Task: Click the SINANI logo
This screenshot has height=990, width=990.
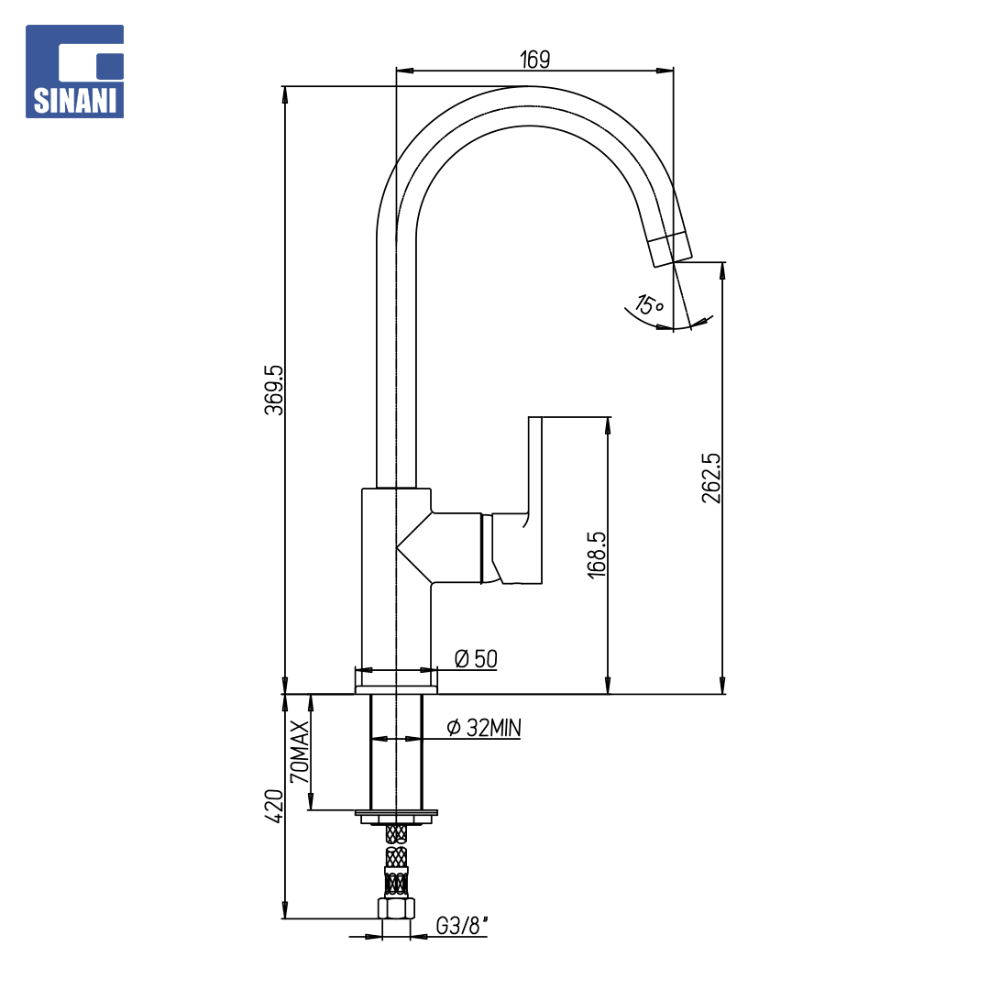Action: (x=74, y=71)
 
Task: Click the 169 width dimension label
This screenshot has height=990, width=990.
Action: (x=534, y=60)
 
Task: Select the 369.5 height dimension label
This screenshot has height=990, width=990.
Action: (x=275, y=390)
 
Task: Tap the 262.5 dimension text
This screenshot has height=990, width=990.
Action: (x=711, y=478)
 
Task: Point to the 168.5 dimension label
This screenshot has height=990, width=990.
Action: (x=597, y=555)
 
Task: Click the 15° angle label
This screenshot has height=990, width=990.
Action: (x=649, y=305)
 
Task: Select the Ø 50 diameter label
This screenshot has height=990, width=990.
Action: (x=476, y=658)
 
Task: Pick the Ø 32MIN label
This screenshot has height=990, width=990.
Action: (x=484, y=728)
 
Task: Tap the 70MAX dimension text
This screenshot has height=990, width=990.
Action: (x=300, y=752)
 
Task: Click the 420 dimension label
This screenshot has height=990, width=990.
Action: (x=275, y=806)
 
